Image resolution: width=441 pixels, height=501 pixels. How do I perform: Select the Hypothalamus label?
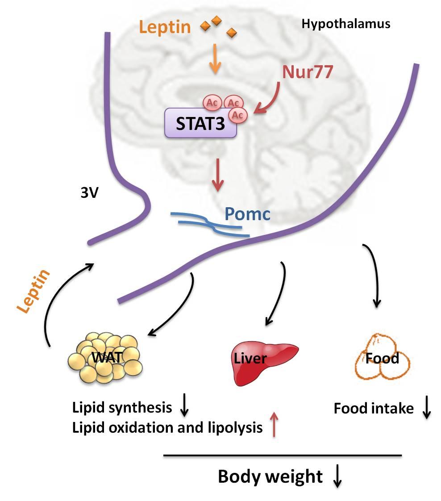point(346,24)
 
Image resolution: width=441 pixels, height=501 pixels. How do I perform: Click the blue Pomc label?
point(247,214)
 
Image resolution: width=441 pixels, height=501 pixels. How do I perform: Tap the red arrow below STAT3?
point(218,177)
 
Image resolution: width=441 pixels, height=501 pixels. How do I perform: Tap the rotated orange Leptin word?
point(35,293)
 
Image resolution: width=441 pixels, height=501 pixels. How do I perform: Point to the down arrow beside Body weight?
point(337,477)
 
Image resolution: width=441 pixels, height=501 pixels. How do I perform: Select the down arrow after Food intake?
point(426,408)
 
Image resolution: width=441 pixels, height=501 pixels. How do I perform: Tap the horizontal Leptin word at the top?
point(165,28)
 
